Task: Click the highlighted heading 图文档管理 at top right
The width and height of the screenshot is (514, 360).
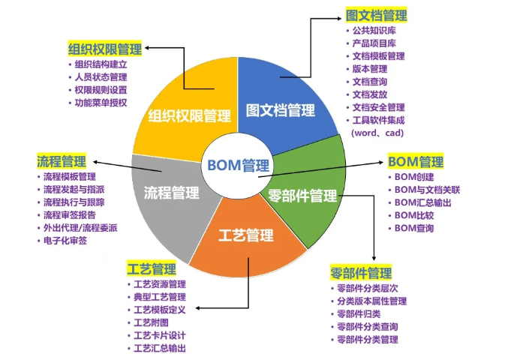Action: click(376, 15)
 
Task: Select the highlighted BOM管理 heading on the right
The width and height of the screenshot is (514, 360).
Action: click(415, 161)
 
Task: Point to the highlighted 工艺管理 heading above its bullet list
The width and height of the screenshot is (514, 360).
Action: click(152, 268)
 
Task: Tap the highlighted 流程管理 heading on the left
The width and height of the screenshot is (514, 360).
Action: click(62, 161)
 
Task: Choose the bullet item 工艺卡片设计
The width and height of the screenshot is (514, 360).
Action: click(159, 335)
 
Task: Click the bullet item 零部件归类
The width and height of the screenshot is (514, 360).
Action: click(359, 313)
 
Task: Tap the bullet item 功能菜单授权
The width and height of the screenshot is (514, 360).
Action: click(101, 102)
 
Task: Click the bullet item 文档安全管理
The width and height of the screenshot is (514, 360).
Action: click(379, 107)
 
